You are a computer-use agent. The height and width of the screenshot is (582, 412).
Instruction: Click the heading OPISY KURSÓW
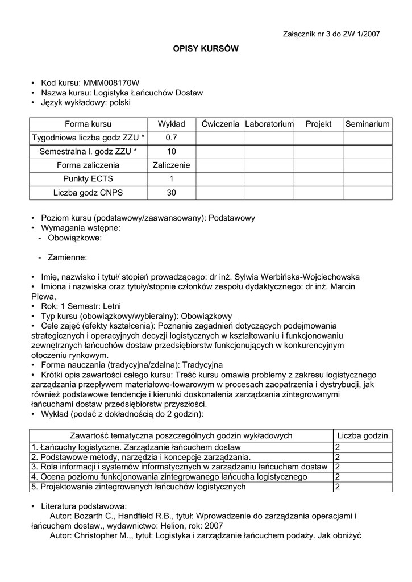click(x=206, y=49)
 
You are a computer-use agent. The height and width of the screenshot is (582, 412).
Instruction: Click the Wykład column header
click(x=171, y=124)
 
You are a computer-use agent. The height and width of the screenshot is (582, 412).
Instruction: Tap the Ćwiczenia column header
click(x=220, y=124)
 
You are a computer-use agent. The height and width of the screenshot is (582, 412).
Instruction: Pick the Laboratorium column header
click(x=269, y=124)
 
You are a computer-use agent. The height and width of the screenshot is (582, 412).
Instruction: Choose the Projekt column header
click(x=318, y=124)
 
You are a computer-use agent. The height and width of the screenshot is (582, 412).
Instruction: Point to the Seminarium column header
click(x=368, y=124)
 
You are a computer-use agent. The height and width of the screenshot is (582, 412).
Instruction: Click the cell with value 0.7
click(x=171, y=138)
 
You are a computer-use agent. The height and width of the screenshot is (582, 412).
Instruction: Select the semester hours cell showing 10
click(x=171, y=152)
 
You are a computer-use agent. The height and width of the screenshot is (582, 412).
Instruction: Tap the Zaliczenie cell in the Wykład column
click(x=171, y=165)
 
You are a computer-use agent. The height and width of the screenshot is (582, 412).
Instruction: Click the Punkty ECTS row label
click(x=88, y=179)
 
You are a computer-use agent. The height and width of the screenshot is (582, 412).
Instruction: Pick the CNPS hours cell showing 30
click(x=171, y=193)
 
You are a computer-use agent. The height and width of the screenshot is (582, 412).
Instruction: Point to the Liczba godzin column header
click(x=363, y=435)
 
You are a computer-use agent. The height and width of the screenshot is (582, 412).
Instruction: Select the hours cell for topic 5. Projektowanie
click(x=338, y=487)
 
